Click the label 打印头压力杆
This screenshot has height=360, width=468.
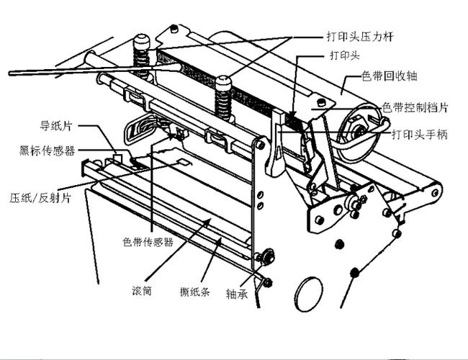[360, 37]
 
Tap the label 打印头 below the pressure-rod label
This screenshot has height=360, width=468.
[345, 55]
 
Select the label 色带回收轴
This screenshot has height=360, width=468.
[390, 76]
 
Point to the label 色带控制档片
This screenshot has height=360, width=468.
[415, 107]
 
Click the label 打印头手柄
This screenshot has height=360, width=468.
[420, 135]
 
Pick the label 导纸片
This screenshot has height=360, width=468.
[56, 126]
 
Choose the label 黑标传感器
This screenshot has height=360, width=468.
[47, 150]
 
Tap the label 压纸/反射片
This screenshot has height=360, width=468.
[40, 197]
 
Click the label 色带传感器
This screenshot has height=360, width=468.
[148, 242]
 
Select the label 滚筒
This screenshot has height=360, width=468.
[142, 290]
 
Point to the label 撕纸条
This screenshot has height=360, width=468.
[195, 291]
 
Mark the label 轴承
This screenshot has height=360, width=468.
[237, 294]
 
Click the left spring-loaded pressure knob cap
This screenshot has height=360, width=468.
[141, 40]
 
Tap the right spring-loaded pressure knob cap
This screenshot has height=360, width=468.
[223, 81]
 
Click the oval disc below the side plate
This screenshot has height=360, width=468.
[308, 294]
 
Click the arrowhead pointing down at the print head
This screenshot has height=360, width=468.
[292, 114]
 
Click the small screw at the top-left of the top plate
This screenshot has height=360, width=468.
[174, 29]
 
